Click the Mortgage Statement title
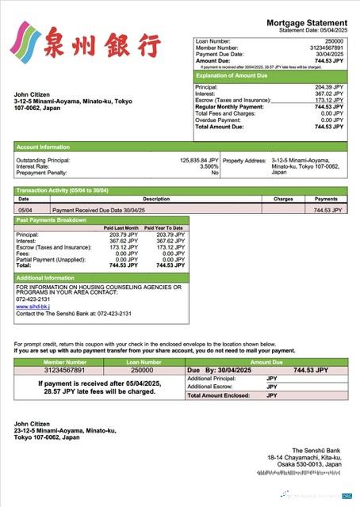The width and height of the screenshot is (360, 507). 306,24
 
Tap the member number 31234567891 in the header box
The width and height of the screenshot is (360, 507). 327,47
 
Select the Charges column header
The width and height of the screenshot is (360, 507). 283,199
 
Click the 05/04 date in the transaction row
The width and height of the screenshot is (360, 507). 24,210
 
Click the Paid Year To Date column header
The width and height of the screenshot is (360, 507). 164,228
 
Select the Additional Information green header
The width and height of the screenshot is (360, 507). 45,278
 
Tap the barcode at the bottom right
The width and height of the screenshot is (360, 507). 301,472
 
